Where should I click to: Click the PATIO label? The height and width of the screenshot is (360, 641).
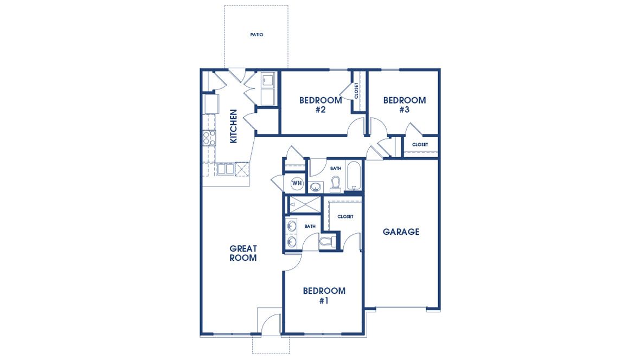257,35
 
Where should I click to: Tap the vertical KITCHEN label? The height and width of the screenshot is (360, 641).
234,126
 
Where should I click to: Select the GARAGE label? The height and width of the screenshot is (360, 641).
401,232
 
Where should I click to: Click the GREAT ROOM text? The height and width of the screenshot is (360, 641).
243,253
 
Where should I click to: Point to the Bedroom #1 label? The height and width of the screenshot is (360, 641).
324,295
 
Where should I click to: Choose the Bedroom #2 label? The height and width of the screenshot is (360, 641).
320,105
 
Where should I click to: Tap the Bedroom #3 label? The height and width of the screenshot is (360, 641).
404,105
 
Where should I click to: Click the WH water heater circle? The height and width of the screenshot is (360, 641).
297,183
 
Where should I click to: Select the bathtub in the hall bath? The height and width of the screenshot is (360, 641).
353,175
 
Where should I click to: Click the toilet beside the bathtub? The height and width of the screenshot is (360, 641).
335,184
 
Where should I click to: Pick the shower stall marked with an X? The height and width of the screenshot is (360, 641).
303,204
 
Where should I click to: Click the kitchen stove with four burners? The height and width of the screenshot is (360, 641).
209,138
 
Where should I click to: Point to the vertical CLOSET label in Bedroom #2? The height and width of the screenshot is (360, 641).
356,91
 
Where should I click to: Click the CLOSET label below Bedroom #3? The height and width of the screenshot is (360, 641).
420,145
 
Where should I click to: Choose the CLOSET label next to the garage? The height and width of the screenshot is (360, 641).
345,216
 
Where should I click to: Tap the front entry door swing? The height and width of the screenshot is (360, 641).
270,322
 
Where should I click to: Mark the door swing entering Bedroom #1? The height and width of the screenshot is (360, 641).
293,262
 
